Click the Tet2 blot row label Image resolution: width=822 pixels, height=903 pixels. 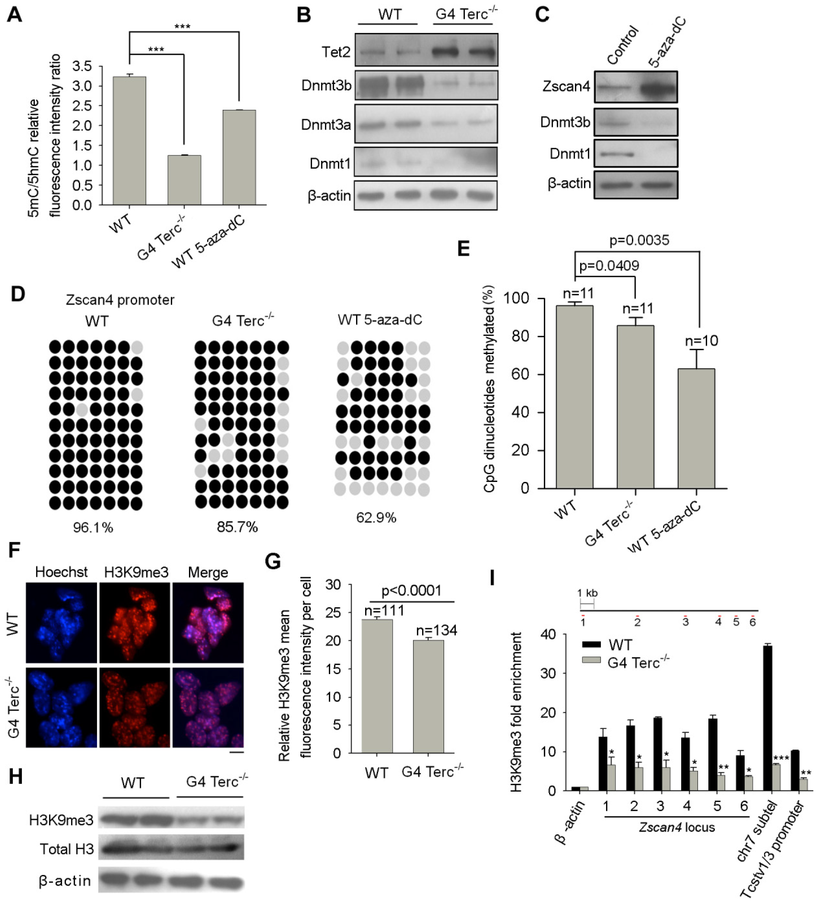click(x=336, y=52)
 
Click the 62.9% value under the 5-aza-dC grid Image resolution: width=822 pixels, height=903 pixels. click(x=376, y=518)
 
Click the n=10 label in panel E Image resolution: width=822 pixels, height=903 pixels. click(x=702, y=341)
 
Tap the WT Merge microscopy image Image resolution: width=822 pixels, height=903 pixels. click(x=208, y=622)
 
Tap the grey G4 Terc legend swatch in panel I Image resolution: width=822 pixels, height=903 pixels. click(x=591, y=660)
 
